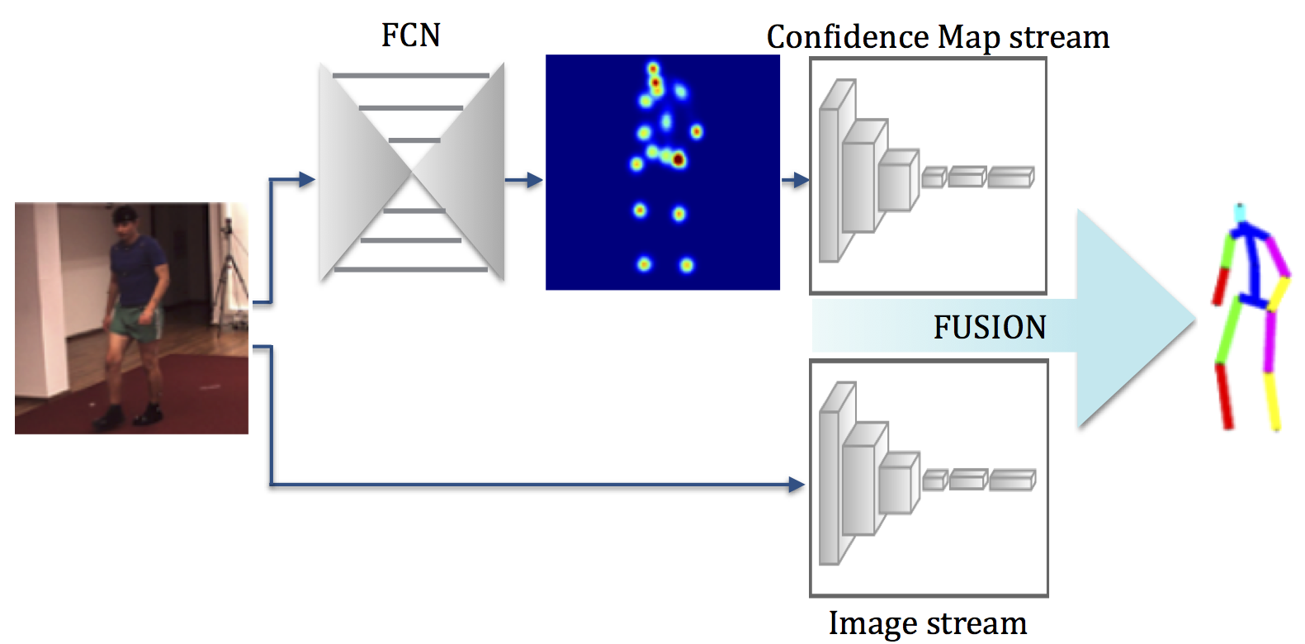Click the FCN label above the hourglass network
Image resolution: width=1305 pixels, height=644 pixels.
point(411,36)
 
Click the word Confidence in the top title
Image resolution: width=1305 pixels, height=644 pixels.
point(848,38)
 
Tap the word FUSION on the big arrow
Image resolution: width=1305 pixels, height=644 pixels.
point(990,328)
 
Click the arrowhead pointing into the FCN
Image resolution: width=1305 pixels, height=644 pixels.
point(306,179)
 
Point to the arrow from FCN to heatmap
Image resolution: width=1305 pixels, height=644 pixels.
point(523,180)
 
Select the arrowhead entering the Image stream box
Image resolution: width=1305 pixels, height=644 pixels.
point(797,485)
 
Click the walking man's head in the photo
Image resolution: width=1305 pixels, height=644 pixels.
point(125,219)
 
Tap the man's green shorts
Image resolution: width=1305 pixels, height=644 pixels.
point(132,319)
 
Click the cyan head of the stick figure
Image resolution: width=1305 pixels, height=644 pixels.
point(1239,213)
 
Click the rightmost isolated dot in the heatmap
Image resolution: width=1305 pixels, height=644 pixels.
point(697,131)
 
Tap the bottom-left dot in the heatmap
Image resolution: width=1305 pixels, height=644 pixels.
point(644,264)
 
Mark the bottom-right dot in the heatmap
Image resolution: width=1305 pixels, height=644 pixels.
point(687,265)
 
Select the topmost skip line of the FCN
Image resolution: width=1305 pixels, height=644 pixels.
point(411,76)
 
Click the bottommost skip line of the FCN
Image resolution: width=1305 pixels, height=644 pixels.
point(411,269)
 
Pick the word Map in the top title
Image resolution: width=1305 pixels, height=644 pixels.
point(969,38)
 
